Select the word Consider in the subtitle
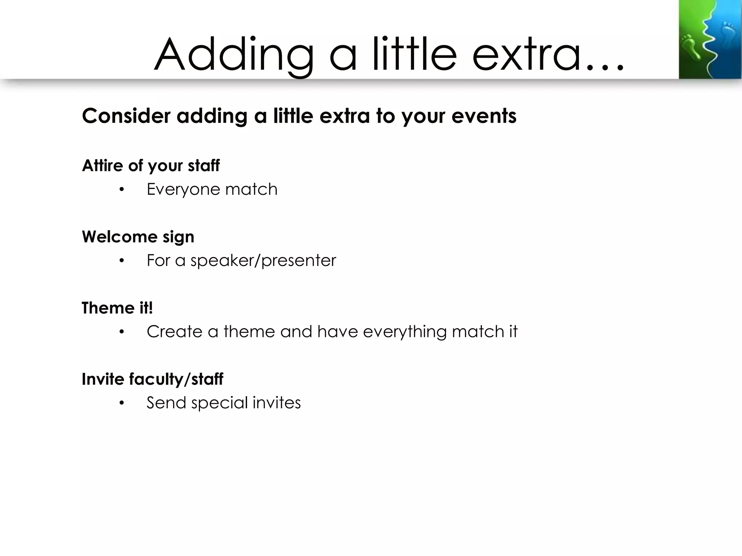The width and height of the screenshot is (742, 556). pyautogui.click(x=126, y=116)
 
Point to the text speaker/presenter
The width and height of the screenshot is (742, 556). pyautogui.click(x=263, y=261)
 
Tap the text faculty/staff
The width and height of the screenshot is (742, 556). pyautogui.click(x=176, y=379)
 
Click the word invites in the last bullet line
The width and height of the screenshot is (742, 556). pyautogui.click(x=277, y=403)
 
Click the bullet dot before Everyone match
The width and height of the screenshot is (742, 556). pyautogui.click(x=122, y=190)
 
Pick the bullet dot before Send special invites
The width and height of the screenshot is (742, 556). pyautogui.click(x=122, y=403)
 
